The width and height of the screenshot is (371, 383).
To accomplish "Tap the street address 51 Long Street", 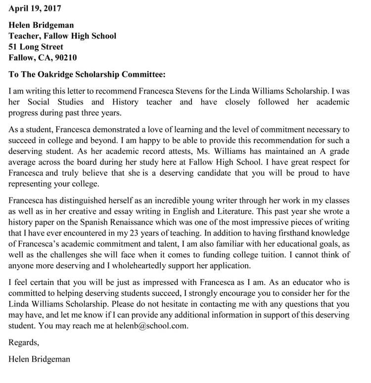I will coord(36,47).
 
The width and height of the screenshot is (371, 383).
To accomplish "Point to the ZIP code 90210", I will coord(66,57).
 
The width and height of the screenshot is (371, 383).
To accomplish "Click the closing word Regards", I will coord(23,342).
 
